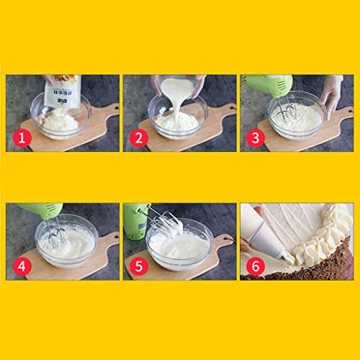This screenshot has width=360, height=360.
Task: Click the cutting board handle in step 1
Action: click(x=108, y=112)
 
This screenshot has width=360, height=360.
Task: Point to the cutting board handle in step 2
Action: click(x=225, y=112)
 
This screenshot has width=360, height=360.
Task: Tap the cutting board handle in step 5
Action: click(x=224, y=241)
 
